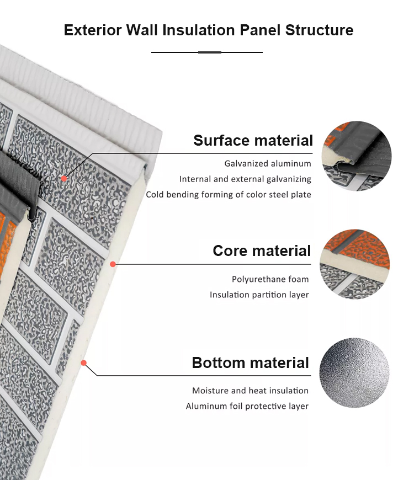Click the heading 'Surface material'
tap(253, 141)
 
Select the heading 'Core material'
tap(262, 250)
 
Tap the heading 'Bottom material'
tap(250, 362)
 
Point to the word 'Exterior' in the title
tap(93, 30)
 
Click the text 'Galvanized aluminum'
tap(268, 163)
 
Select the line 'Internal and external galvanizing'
tap(245, 179)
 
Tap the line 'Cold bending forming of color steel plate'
tap(229, 195)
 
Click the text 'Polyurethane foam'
tap(270, 279)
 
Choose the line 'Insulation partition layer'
tap(259, 295)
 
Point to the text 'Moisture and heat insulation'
tap(250, 391)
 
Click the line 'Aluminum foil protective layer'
tap(247, 406)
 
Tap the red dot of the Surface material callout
tap(63, 178)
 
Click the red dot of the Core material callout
tap(113, 264)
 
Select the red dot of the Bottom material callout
tap(83, 362)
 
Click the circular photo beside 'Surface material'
tap(357, 156)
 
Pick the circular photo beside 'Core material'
tap(354, 264)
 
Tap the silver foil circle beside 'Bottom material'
tap(354, 372)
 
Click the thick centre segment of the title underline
tap(210, 52)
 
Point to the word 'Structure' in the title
tap(320, 30)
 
